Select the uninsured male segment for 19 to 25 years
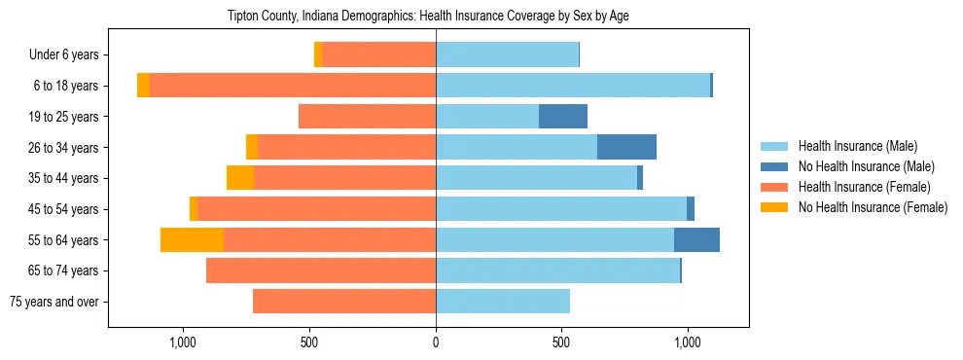pyautogui.click(x=563, y=117)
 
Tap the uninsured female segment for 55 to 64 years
pyautogui.click(x=192, y=239)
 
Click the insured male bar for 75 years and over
pyautogui.click(x=503, y=302)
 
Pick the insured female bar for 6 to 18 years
pyautogui.click(x=293, y=86)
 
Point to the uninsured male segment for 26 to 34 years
pyautogui.click(x=626, y=147)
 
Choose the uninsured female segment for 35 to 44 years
pyautogui.click(x=240, y=178)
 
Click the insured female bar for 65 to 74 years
pyautogui.click(x=321, y=270)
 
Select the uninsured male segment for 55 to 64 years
pyautogui.click(x=696, y=239)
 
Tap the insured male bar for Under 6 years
pyautogui.click(x=507, y=55)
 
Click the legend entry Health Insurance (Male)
pyautogui.click(x=857, y=146)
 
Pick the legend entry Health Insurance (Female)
pyautogui.click(x=864, y=187)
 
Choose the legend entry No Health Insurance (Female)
pyautogui.click(x=873, y=207)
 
